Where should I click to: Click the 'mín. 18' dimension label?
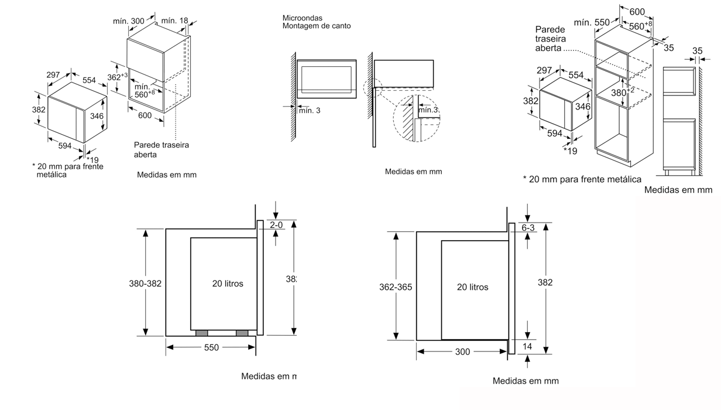tap(174, 21)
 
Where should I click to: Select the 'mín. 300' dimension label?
tap(129, 21)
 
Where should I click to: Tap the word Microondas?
tap(302, 18)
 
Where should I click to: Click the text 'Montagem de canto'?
tap(317, 26)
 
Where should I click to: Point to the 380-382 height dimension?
tap(145, 283)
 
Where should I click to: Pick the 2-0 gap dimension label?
tap(276, 225)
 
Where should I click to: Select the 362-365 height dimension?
tap(396, 287)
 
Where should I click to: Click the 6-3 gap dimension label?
tap(528, 228)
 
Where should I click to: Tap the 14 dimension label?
tap(528, 346)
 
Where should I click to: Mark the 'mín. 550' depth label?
tap(592, 22)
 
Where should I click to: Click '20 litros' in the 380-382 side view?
tap(228, 283)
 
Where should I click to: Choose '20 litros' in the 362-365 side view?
tap(472, 287)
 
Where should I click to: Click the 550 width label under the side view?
tap(211, 348)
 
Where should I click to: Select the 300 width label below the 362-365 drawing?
tap(462, 351)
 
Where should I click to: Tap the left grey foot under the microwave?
tap(201, 333)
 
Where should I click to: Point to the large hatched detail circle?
tap(417, 120)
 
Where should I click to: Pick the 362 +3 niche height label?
tap(117, 77)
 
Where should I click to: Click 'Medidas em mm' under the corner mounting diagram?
tap(413, 172)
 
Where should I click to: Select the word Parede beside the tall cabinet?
tap(550, 29)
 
